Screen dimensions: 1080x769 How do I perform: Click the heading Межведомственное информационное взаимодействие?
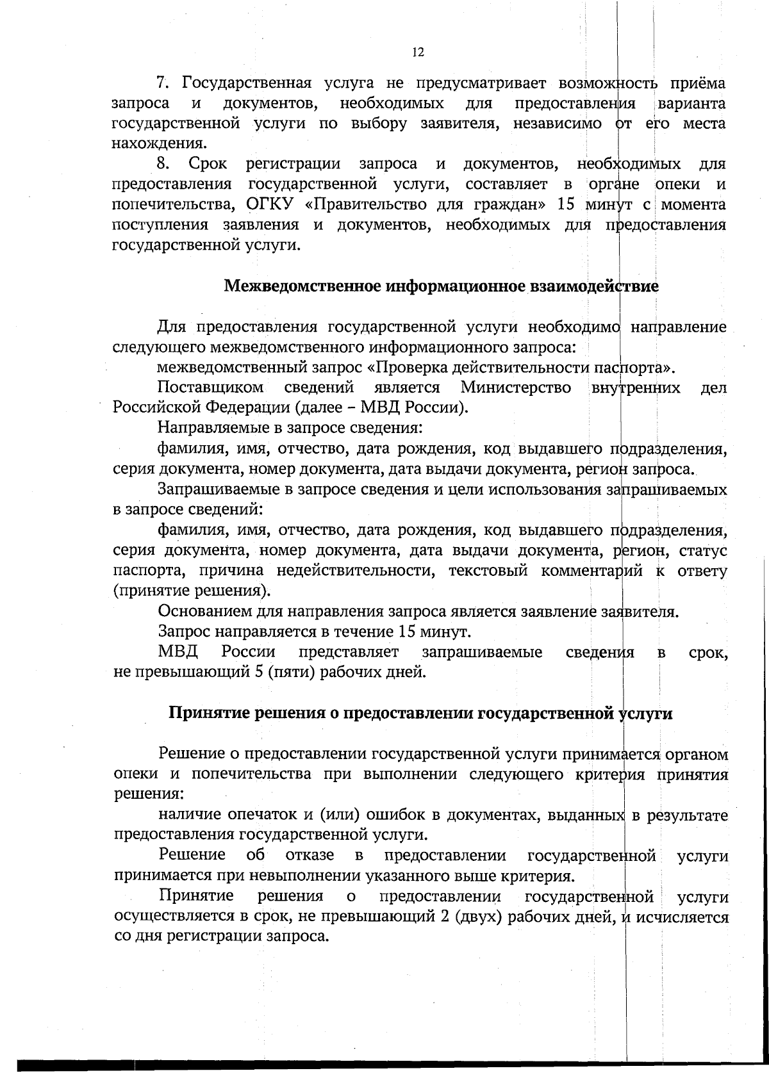[441, 286]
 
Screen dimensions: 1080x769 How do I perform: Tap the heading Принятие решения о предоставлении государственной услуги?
[420, 714]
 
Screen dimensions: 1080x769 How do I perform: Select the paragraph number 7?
[162, 83]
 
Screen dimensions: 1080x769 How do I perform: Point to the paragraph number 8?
[162, 165]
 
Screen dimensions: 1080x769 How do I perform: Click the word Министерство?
[516, 388]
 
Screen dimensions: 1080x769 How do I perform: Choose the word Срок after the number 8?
[208, 165]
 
